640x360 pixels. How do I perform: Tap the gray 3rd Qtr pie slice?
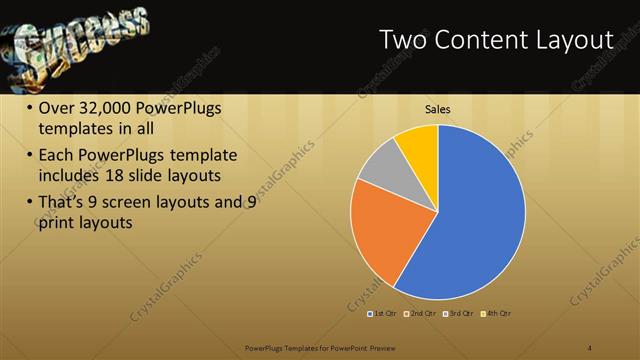pos(381,167)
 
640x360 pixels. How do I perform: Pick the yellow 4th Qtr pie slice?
pos(419,146)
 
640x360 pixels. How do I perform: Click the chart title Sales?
pos(437,109)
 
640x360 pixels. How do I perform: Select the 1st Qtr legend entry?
pos(381,314)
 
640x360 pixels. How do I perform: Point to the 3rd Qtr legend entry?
pos(459,314)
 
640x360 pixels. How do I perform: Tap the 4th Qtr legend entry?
pos(497,314)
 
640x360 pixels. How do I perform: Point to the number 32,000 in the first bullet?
pos(110,109)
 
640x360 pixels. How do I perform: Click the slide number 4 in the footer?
pos(590,348)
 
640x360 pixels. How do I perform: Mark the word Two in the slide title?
pos(406,41)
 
